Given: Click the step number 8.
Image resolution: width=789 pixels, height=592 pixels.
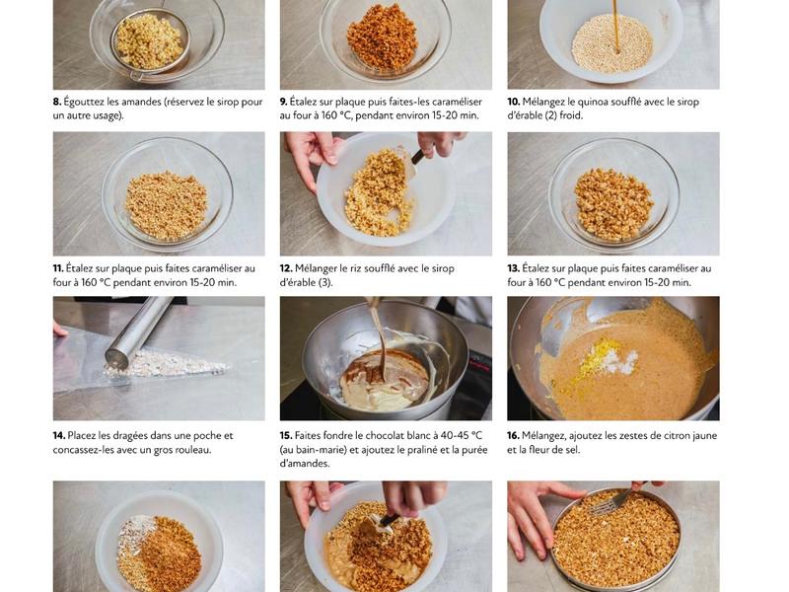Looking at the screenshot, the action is tap(57, 102).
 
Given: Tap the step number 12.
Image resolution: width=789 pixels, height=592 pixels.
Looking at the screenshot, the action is tap(286, 268).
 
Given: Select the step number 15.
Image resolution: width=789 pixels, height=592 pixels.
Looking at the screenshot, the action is tap(286, 436).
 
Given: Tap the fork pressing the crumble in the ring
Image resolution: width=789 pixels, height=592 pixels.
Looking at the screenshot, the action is tap(614, 500).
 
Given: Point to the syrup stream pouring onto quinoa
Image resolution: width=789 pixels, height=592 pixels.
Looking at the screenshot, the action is tap(615, 26).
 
